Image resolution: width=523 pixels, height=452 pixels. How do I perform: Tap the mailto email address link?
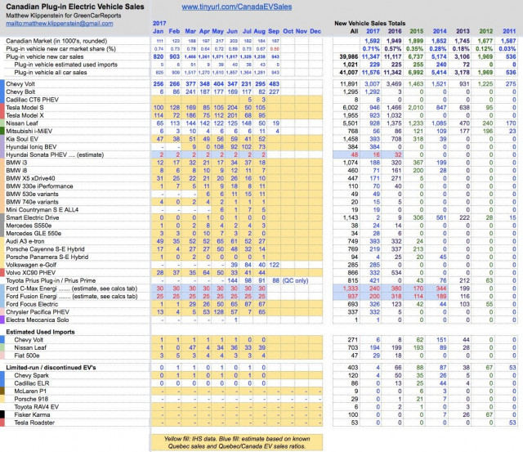click(x=49, y=25)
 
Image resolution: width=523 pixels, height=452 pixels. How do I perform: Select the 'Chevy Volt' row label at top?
click(x=24, y=83)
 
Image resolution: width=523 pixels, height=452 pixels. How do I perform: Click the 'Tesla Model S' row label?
click(x=29, y=106)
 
